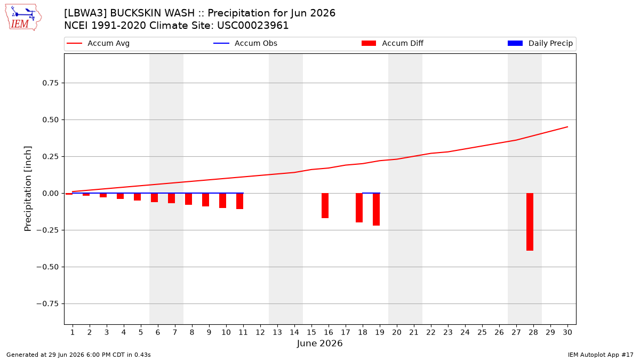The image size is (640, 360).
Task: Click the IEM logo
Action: click(23, 18)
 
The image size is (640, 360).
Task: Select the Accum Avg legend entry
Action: click(98, 43)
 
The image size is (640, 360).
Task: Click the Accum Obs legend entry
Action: click(245, 43)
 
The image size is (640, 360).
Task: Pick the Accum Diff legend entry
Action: click(393, 43)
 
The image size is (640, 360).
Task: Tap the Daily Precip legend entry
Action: click(540, 43)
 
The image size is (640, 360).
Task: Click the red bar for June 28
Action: click(530, 222)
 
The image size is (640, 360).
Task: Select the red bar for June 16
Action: click(325, 206)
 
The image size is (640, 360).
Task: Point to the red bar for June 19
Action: click(377, 210)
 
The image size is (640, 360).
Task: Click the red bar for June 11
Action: click(239, 201)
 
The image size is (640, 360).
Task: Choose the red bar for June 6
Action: click(154, 198)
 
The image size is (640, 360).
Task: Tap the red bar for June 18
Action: click(359, 207)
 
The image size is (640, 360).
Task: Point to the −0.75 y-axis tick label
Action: click(47, 303)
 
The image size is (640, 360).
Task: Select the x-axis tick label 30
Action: click(567, 332)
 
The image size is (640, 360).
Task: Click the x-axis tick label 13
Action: click(277, 332)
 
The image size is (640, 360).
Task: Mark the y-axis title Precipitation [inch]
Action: click(28, 189)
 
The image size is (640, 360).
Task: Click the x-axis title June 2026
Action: click(319, 343)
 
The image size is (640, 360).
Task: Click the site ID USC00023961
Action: click(253, 26)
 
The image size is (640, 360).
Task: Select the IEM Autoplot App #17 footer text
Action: click(601, 355)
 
